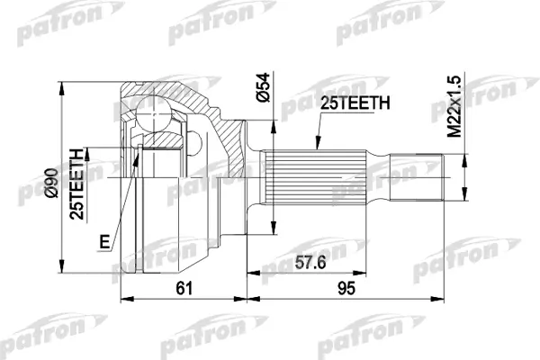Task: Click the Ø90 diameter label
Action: [x=51, y=183]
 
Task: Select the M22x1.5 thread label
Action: [x=454, y=107]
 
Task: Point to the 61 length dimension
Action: [x=184, y=288]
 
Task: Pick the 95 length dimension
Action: [x=346, y=288]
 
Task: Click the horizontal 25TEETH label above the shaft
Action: [x=355, y=103]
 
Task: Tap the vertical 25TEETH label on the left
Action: [x=76, y=184]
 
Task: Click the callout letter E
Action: [x=104, y=241]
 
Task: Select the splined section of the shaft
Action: [x=314, y=177]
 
